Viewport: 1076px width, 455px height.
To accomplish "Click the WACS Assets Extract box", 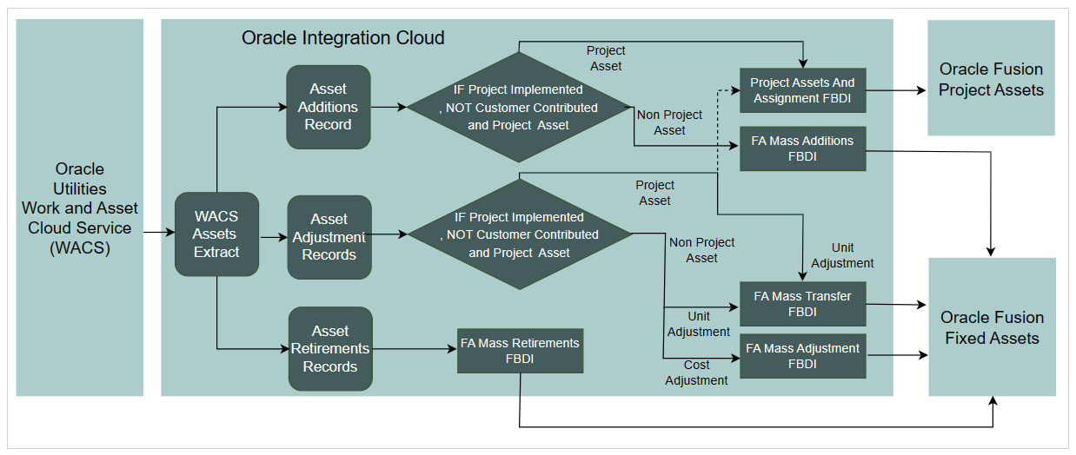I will [x=216, y=234].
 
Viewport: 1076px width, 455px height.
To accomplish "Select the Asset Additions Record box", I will [x=328, y=107].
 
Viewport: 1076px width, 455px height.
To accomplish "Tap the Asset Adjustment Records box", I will [x=329, y=237].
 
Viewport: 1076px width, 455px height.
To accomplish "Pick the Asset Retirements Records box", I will [x=330, y=348].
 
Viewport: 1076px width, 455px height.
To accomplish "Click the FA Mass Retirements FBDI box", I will [x=520, y=350].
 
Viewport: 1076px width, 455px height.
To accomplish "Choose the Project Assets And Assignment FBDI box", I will [x=802, y=90].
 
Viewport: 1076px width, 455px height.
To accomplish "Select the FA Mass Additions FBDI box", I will [x=802, y=148].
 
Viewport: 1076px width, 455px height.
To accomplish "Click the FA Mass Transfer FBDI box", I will [x=802, y=304].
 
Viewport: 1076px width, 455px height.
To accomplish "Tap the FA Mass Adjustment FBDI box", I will [x=802, y=356].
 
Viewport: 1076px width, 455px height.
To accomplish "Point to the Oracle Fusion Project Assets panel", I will [x=991, y=79].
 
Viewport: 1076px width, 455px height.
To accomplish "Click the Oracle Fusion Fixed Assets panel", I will [x=992, y=327].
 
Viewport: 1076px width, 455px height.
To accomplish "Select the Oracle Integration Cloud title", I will [x=342, y=38].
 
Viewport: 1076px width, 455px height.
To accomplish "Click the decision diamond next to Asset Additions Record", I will [x=519, y=107].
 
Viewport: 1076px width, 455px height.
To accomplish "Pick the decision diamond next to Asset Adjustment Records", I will [x=519, y=234].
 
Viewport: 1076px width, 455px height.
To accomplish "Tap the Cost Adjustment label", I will [x=696, y=373].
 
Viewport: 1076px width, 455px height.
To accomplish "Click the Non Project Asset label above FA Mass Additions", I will [x=669, y=122].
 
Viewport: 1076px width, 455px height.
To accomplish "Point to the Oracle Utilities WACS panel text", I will [x=80, y=208].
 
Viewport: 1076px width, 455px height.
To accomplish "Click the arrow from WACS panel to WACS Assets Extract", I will [x=158, y=233].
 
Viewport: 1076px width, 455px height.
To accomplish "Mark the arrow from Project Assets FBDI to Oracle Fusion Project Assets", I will [x=895, y=90].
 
